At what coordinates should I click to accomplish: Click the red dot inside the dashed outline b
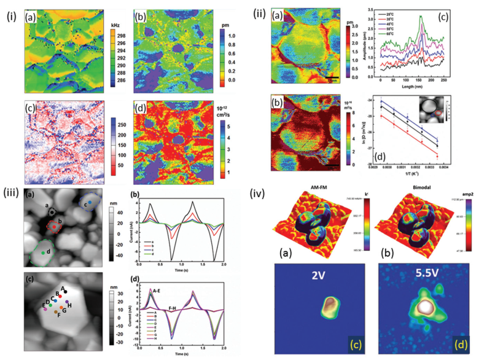53,226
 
